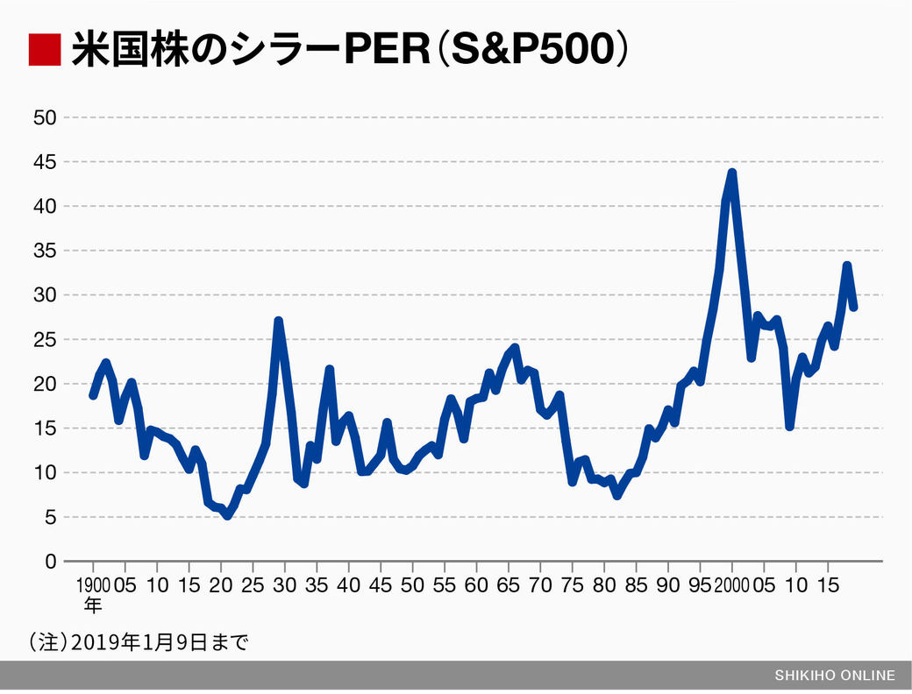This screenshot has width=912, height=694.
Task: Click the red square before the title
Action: [43, 50]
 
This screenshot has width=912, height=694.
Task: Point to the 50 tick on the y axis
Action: [46, 117]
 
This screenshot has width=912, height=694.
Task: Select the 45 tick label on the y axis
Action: [46, 162]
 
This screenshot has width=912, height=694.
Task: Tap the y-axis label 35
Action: [46, 251]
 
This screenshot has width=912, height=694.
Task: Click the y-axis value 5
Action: [51, 517]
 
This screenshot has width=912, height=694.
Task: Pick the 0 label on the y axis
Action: [51, 562]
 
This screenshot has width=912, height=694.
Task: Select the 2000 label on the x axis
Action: [730, 584]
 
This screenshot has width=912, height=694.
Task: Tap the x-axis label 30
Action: [285, 584]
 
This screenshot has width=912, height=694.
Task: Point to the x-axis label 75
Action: [572, 584]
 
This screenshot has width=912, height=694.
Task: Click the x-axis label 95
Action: [700, 584]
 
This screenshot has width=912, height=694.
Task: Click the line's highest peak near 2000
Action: [731, 173]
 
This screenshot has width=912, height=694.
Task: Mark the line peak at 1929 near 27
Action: [278, 322]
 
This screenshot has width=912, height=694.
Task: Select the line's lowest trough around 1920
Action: [227, 515]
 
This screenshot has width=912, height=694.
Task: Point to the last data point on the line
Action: [853, 307]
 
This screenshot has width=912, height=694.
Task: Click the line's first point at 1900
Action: [93, 395]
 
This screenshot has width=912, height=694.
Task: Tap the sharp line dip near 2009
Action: [790, 426]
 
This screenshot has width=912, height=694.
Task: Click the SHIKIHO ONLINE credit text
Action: [835, 676]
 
